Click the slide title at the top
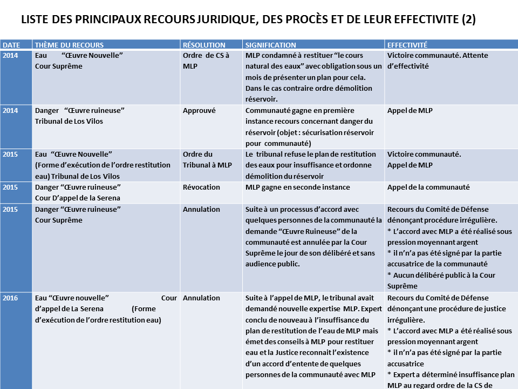(x=248, y=21)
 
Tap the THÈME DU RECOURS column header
(x=69, y=45)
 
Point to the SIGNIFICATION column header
(x=270, y=45)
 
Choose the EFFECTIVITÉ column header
(x=407, y=45)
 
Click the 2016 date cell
(x=10, y=298)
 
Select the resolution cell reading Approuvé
(x=199, y=110)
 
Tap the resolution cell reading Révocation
(x=201, y=187)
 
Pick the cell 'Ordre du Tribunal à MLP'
(x=207, y=159)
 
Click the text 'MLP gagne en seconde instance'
(x=297, y=187)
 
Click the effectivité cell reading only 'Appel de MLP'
(x=410, y=110)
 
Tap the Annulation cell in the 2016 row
(x=201, y=298)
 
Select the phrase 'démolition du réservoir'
(x=284, y=176)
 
